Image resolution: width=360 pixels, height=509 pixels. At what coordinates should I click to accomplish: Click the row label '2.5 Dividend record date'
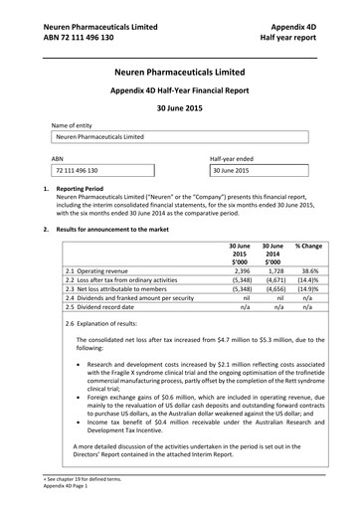(x=100, y=308)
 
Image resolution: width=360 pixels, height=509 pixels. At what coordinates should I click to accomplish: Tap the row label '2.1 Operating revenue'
(x=99, y=269)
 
